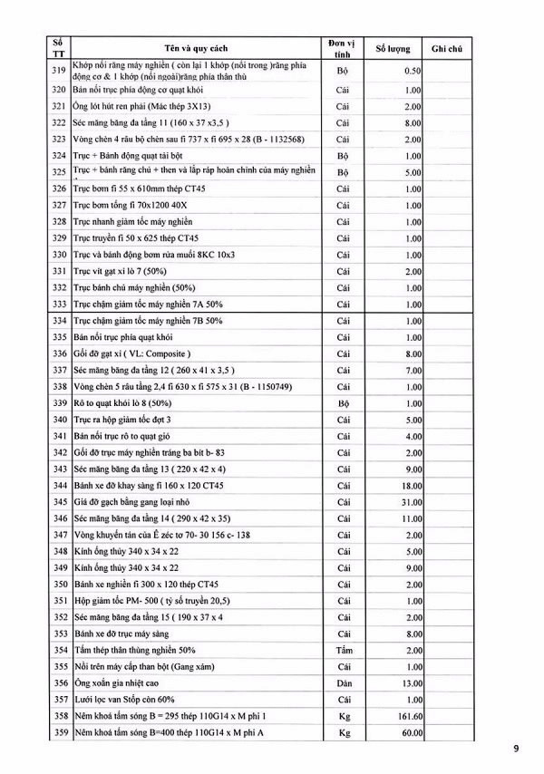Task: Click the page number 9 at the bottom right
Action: click(x=517, y=749)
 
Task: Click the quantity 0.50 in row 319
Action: click(x=413, y=70)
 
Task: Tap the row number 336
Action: click(x=59, y=353)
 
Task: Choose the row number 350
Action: click(x=59, y=584)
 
